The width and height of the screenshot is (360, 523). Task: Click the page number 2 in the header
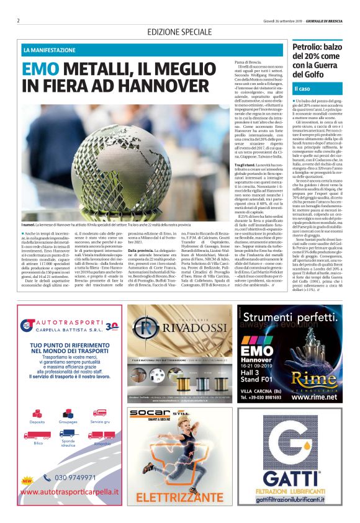pos(18,20)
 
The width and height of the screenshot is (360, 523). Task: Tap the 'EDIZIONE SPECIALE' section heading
pos(179,32)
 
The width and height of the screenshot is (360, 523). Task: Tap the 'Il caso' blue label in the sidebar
pos(302,90)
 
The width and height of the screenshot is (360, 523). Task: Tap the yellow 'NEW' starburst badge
pos(27,480)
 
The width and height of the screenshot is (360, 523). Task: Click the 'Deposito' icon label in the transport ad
pos(37,421)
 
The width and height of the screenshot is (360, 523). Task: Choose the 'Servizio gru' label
pos(99,421)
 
